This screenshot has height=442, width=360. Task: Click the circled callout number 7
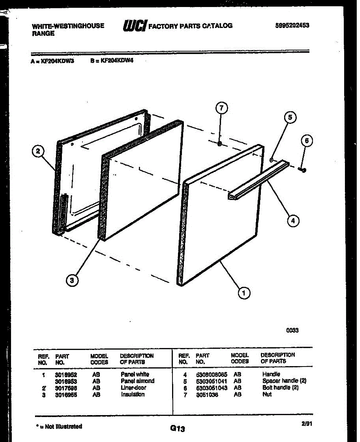(221, 108)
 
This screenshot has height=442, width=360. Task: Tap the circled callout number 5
(290, 117)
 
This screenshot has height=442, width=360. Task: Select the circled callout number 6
(307, 140)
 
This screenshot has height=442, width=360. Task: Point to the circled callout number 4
(293, 221)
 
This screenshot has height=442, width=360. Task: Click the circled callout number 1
(243, 293)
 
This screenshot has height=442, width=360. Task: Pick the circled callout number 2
(38, 151)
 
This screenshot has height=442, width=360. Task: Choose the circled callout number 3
(72, 281)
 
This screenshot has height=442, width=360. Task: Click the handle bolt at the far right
(303, 170)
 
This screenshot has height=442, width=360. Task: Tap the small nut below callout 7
(220, 144)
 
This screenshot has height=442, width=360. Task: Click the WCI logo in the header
(134, 26)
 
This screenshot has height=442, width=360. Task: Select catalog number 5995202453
(292, 25)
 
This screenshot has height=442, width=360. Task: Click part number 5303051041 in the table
(212, 381)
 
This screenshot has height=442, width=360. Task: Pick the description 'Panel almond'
(137, 381)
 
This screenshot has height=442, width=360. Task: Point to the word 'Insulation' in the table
(133, 394)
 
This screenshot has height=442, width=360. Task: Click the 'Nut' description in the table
(267, 394)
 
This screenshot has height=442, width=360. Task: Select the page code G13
(177, 428)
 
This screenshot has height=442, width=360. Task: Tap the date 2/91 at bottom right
(307, 424)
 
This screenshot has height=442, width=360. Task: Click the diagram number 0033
(292, 330)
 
